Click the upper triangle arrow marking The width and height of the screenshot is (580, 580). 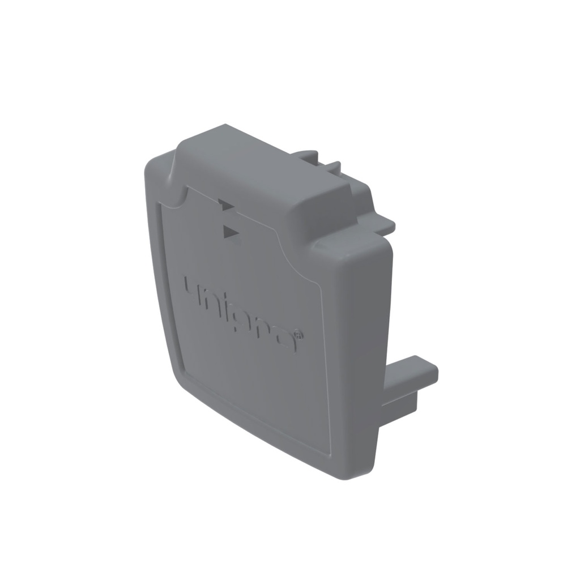(226, 206)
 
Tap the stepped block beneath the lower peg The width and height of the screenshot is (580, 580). (399, 406)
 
